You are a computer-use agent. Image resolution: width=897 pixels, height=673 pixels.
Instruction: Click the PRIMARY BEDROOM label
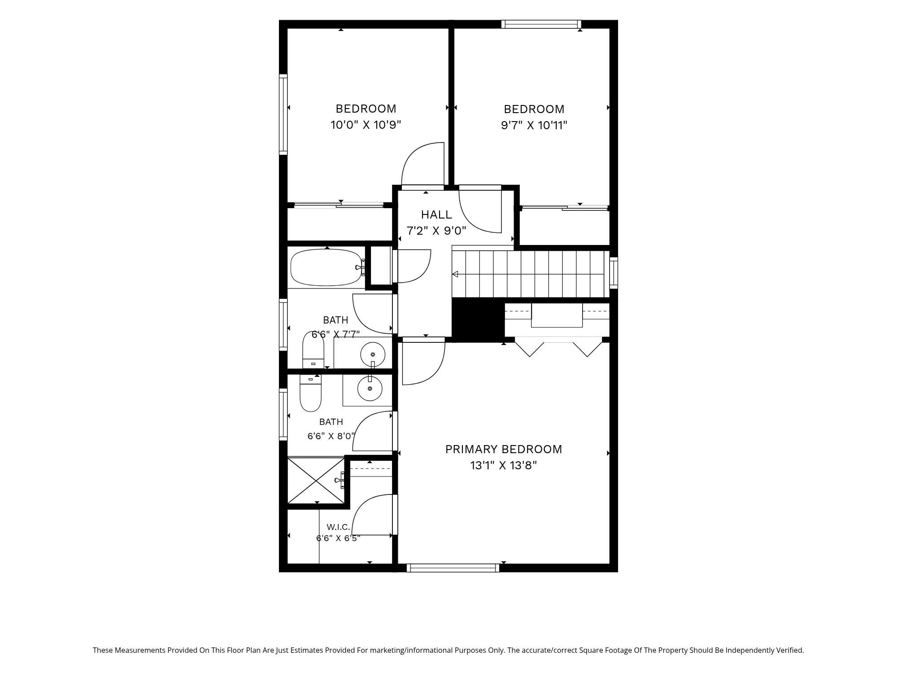tap(503, 449)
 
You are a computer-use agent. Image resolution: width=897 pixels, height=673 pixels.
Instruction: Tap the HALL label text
tap(436, 214)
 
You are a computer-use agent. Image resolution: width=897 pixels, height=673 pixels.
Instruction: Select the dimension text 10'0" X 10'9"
tap(366, 125)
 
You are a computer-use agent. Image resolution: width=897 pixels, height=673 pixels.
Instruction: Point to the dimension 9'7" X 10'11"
tap(534, 125)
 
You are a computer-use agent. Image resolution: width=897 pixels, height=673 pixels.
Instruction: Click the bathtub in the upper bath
tap(327, 267)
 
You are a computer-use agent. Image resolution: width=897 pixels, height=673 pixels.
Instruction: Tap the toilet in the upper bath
tap(313, 350)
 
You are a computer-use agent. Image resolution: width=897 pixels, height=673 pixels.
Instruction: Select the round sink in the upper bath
tap(373, 354)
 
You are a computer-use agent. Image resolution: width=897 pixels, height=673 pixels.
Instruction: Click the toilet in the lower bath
tap(310, 393)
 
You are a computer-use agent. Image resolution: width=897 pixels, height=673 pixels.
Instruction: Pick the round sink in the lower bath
tap(370, 389)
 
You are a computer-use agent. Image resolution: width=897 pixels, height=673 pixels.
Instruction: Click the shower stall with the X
tap(316, 481)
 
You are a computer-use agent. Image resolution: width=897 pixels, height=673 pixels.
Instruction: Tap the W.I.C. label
tap(338, 527)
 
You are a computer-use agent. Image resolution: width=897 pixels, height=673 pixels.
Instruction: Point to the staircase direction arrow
tap(455, 274)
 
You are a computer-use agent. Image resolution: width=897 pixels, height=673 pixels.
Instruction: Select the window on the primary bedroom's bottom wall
tap(453, 568)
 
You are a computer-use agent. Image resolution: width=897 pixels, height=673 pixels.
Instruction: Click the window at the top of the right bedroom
tap(541, 24)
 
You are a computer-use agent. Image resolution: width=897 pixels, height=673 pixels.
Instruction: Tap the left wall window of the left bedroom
tap(283, 114)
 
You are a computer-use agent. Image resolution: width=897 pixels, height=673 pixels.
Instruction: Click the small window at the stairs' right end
tap(614, 273)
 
